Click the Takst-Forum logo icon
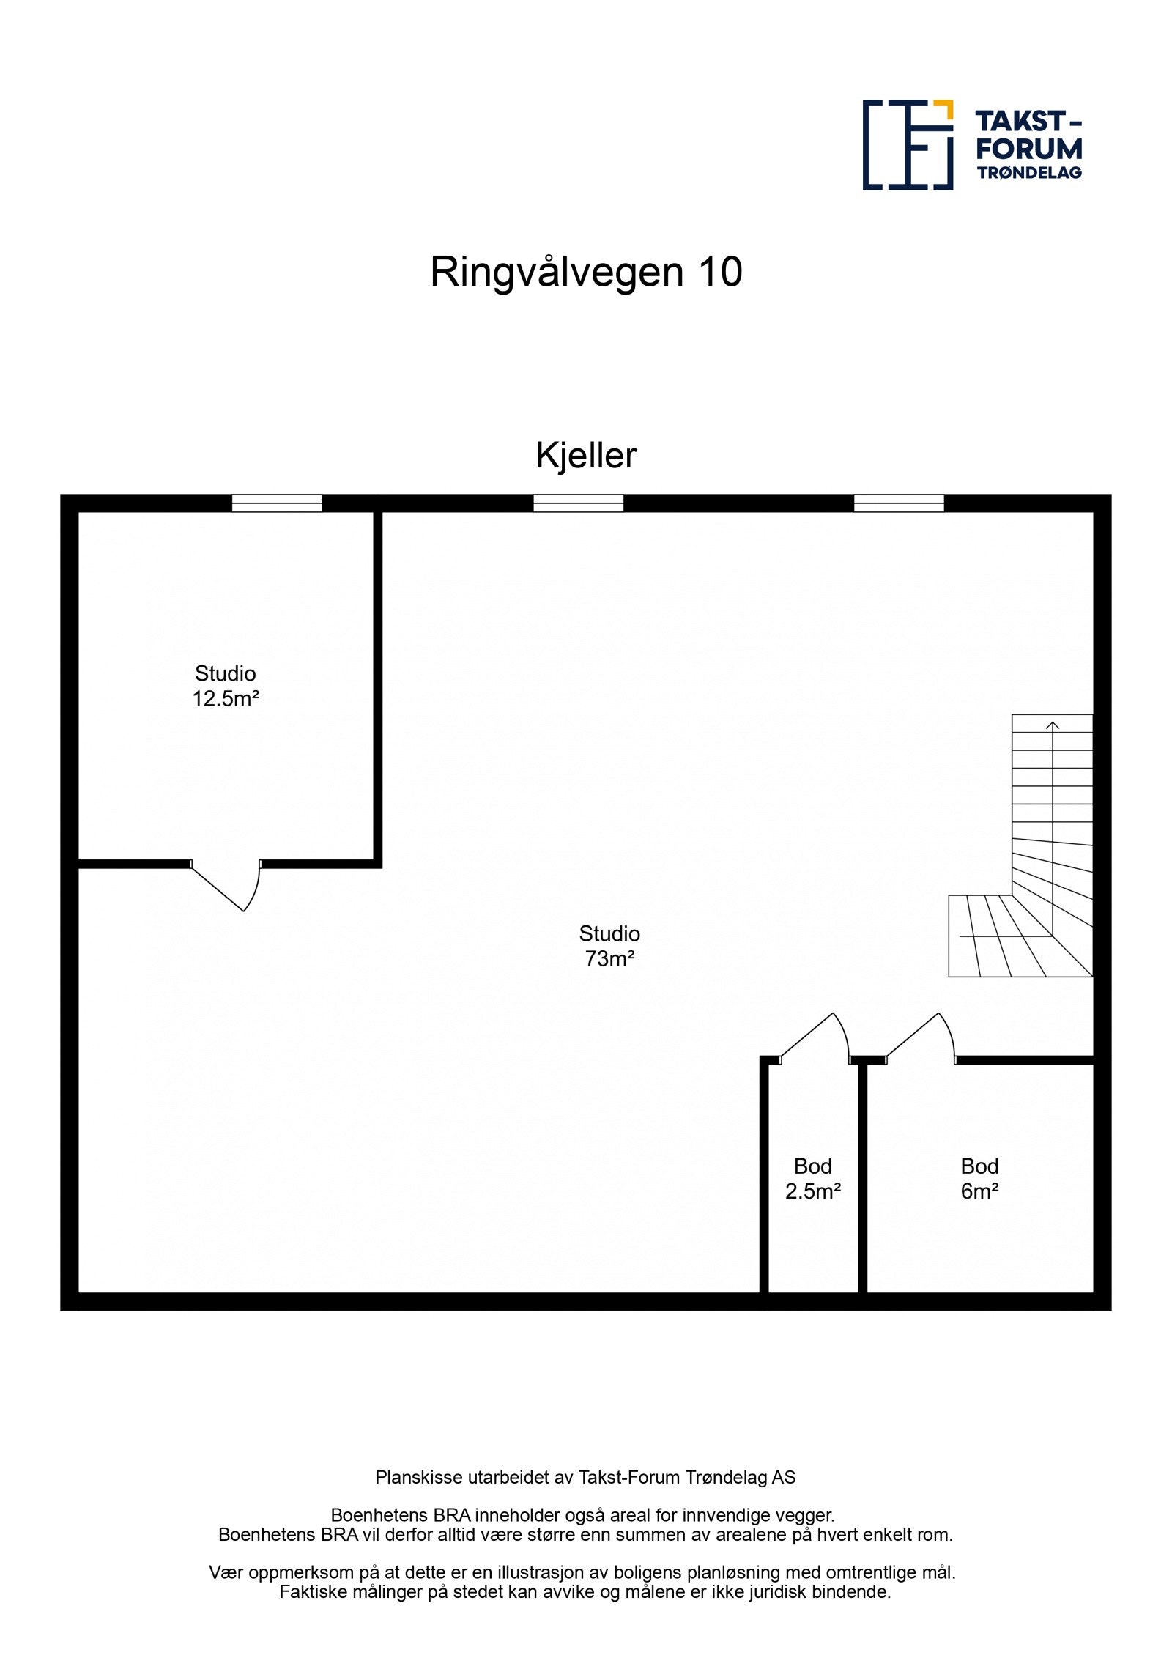coord(908,145)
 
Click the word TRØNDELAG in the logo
coord(1028,173)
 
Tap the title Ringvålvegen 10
coord(586,273)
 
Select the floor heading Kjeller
coord(586,456)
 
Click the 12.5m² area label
coord(226,699)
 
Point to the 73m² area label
coord(609,959)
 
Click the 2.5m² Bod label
coord(812,1192)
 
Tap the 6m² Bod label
coord(979,1192)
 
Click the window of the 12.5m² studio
coord(277,503)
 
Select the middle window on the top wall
coord(578,503)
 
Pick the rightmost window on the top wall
coord(899,503)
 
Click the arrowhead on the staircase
coord(1053,725)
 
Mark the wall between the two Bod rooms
coord(863,1179)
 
